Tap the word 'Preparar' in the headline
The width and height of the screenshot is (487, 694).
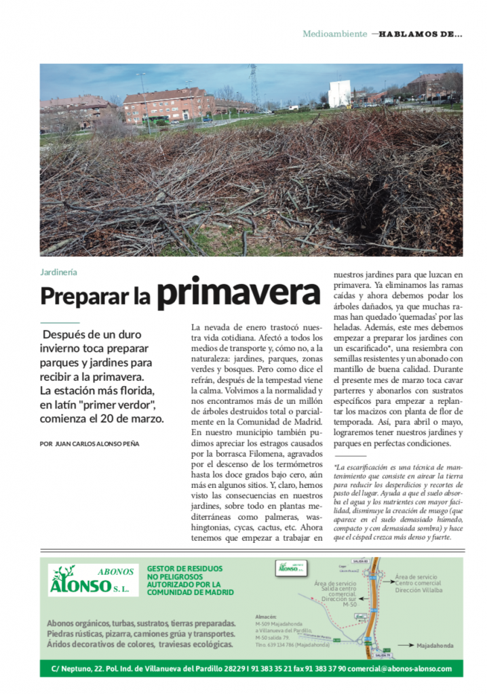[x=85, y=295]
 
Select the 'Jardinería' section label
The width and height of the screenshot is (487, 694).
[x=58, y=272]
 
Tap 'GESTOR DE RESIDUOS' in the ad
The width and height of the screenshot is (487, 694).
[x=184, y=569]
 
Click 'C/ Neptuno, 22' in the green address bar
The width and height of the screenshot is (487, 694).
[x=79, y=669]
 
